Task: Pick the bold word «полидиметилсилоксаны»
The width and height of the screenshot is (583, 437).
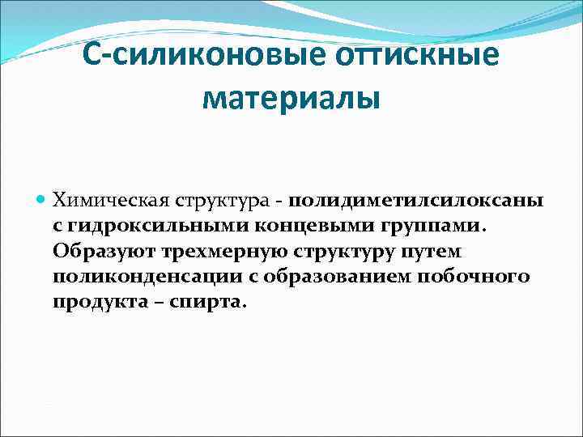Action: click(x=415, y=199)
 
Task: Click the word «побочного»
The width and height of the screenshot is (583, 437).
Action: click(x=470, y=276)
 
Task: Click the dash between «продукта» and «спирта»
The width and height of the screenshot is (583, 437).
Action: click(x=152, y=302)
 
